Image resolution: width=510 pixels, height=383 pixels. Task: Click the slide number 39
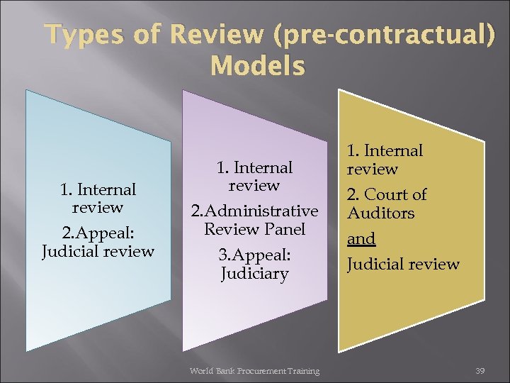click(x=480, y=370)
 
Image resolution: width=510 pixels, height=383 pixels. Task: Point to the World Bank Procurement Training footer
click(x=254, y=370)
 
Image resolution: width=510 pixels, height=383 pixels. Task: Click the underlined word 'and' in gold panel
click(x=361, y=238)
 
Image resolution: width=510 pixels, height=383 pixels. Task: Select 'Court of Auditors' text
click(x=386, y=203)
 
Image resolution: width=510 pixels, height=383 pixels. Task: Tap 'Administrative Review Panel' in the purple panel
click(x=255, y=220)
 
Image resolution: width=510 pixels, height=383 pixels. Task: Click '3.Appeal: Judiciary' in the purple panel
click(x=255, y=264)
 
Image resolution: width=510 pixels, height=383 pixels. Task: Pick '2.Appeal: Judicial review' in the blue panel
click(x=98, y=242)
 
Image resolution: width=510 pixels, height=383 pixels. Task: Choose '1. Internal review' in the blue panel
click(x=98, y=199)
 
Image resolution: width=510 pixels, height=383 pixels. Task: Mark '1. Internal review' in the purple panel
click(x=255, y=176)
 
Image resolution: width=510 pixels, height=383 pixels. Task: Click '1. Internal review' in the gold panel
click(x=385, y=160)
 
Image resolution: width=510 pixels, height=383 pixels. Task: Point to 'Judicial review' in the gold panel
click(x=402, y=265)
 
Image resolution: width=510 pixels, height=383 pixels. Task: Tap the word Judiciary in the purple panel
click(x=255, y=274)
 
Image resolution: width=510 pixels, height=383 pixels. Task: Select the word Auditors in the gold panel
click(x=380, y=213)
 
